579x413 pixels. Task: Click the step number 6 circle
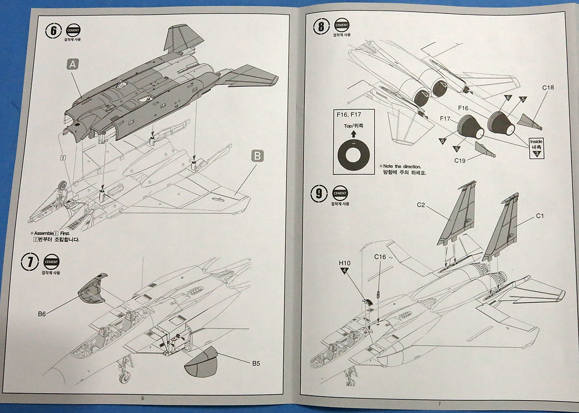tap(54, 30)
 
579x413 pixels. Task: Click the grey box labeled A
tap(72, 64)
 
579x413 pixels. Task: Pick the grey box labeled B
tap(257, 156)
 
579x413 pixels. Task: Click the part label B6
tap(42, 314)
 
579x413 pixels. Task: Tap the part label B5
tap(255, 363)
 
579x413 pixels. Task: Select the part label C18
tap(548, 88)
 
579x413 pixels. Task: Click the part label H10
tap(344, 263)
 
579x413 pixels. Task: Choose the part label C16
tap(380, 257)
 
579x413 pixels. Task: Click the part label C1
tap(539, 216)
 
